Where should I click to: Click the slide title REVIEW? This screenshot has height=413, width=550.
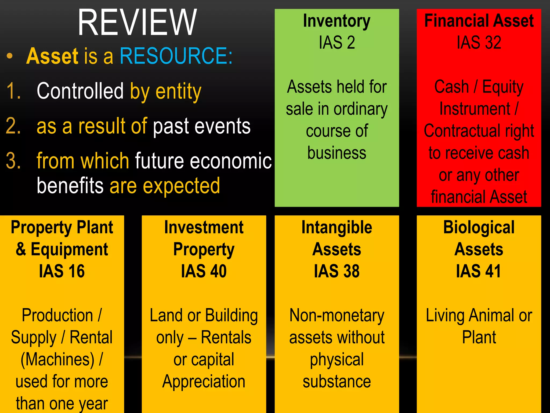click(137, 23)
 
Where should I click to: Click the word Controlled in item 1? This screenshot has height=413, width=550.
click(80, 91)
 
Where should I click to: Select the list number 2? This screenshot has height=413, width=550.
click(13, 126)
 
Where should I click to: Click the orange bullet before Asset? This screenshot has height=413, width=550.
click(10, 56)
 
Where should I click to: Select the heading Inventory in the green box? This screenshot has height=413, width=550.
click(336, 21)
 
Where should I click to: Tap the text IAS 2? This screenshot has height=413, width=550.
click(337, 42)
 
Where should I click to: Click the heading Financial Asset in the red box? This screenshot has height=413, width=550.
click(479, 21)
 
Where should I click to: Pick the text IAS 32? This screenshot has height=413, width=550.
click(479, 42)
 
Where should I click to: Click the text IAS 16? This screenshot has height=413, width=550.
click(62, 271)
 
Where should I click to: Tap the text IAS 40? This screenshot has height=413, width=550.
click(204, 271)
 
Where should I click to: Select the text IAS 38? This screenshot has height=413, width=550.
click(337, 271)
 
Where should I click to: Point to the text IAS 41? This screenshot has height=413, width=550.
click(479, 271)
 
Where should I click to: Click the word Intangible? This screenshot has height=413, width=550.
click(337, 227)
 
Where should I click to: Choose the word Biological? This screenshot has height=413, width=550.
click(479, 227)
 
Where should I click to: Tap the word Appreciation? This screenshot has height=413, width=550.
click(204, 381)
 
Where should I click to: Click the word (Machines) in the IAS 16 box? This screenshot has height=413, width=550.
click(57, 359)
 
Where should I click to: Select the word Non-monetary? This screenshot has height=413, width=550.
click(337, 315)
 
